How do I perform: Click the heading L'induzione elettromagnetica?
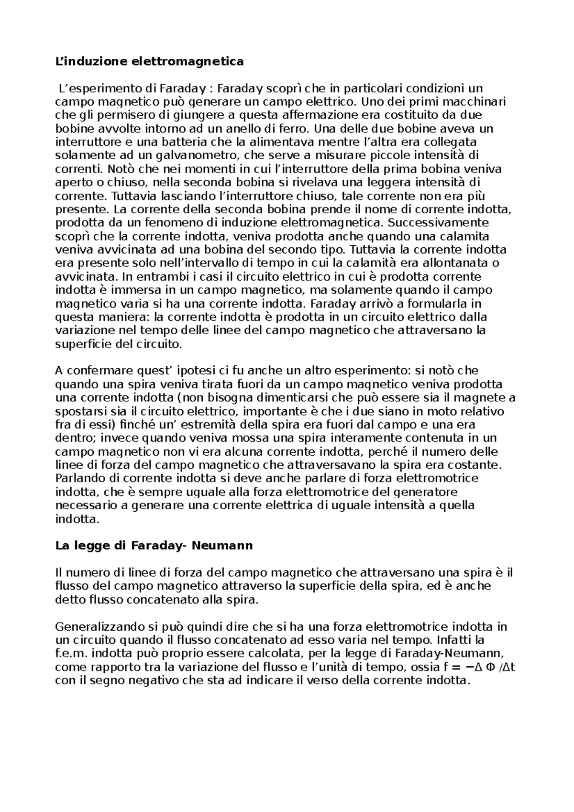tap(149, 62)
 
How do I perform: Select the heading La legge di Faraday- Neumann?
tap(154, 546)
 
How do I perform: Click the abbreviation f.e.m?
tap(71, 654)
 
